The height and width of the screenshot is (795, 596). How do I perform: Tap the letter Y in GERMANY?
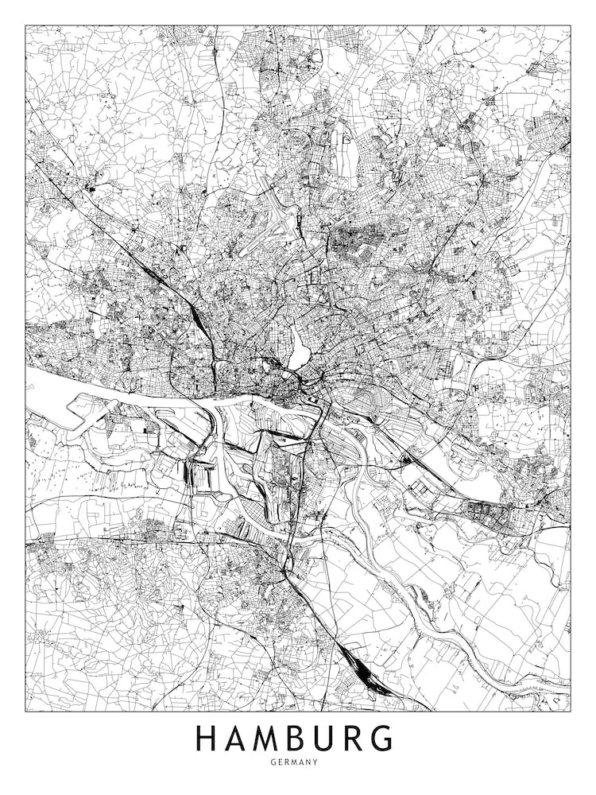click(x=315, y=762)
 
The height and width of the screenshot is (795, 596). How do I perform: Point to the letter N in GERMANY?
click(x=309, y=762)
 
